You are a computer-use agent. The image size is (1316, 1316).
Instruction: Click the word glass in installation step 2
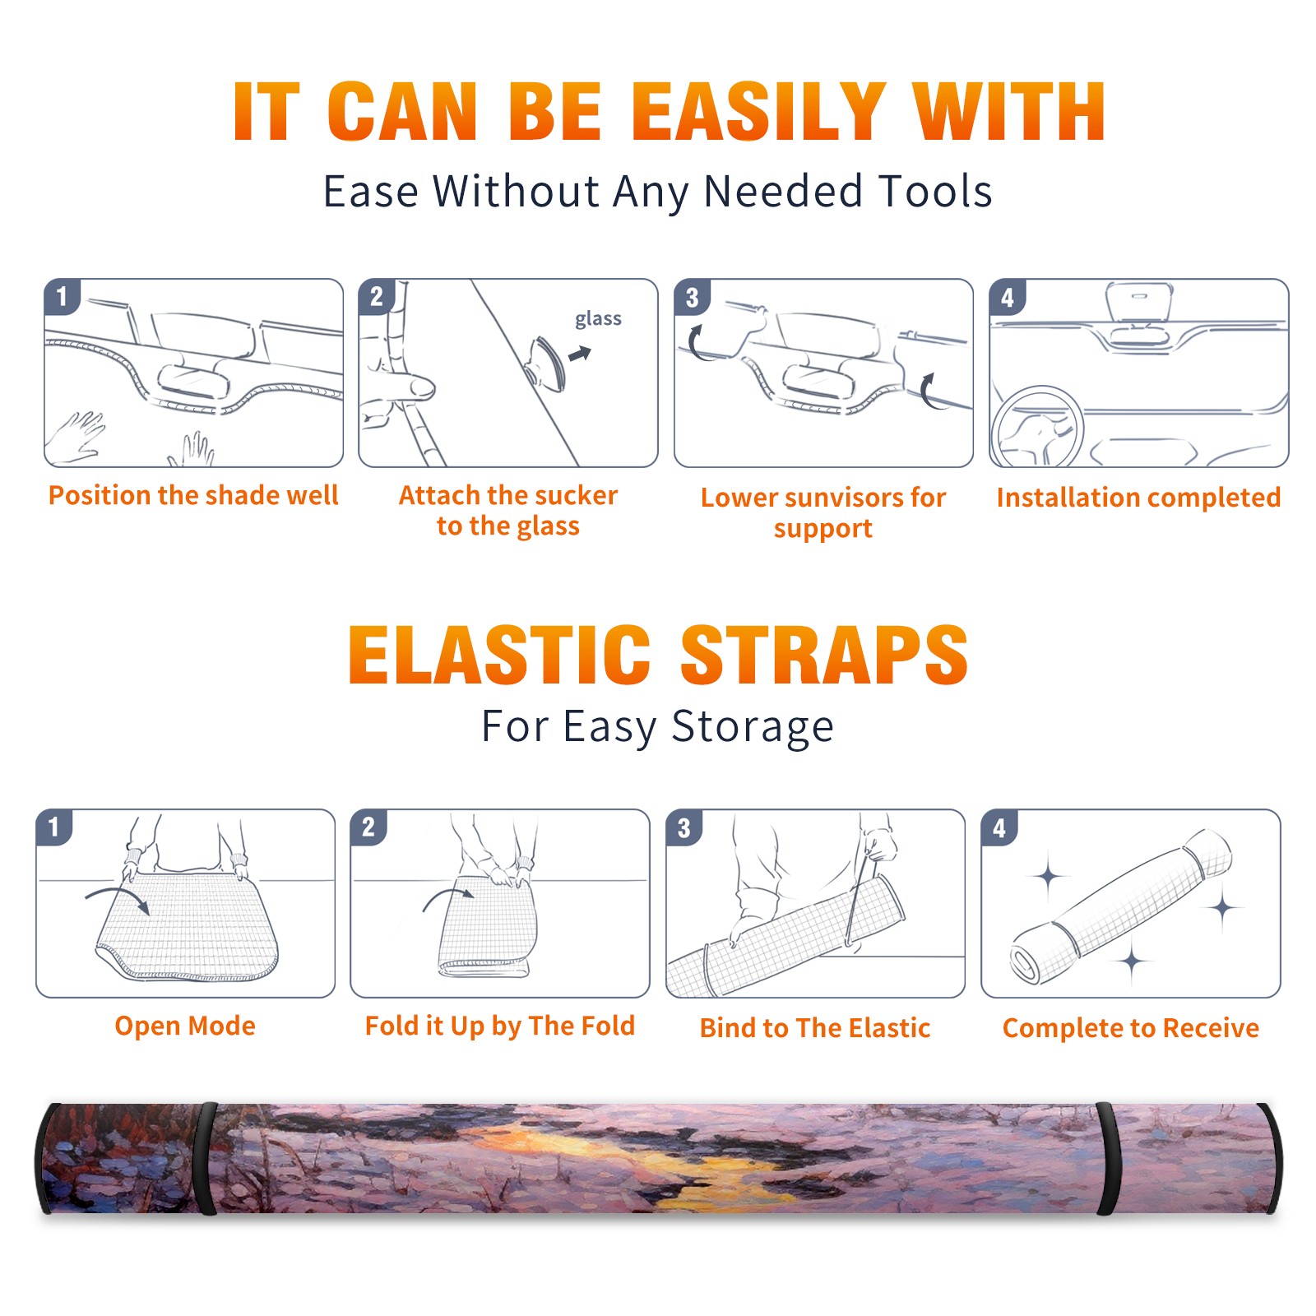pyautogui.click(x=598, y=319)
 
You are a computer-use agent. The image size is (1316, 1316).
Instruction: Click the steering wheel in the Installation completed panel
pyautogui.click(x=1037, y=425)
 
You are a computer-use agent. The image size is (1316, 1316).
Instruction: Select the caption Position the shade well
pyautogui.click(x=193, y=495)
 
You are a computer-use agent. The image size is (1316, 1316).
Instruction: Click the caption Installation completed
pyautogui.click(x=1138, y=498)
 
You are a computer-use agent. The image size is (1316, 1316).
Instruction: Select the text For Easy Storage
pyautogui.click(x=658, y=727)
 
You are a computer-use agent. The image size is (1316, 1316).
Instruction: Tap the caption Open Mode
pyautogui.click(x=185, y=1026)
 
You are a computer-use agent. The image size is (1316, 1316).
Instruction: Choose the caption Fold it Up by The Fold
pyautogui.click(x=500, y=1026)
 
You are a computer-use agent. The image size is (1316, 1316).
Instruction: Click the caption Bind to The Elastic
pyautogui.click(x=815, y=1028)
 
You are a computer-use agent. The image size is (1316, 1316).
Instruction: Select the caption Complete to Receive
pyautogui.click(x=1131, y=1028)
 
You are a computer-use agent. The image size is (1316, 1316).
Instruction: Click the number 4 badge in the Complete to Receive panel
pyautogui.click(x=999, y=827)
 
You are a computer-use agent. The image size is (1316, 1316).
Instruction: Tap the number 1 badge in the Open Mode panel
pyautogui.click(x=54, y=827)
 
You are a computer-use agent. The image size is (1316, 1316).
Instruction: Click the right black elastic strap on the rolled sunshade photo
pyautogui.click(x=1108, y=1159)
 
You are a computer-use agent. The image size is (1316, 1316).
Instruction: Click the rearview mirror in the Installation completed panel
pyautogui.click(x=1139, y=303)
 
